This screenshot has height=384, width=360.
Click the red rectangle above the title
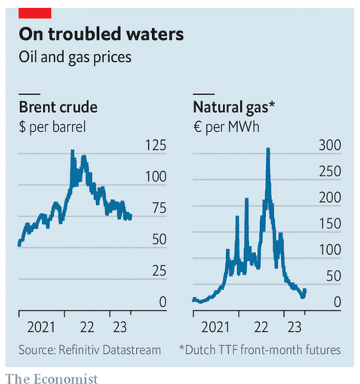35,13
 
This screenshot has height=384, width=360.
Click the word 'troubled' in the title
85,34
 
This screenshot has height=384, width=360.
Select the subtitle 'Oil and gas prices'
75,58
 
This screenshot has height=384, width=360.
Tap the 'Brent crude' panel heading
58,107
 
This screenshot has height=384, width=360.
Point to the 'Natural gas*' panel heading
234,108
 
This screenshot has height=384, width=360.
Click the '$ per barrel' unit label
52,127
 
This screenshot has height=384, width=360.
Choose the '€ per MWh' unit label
226,127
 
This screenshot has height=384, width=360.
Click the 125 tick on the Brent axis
156,145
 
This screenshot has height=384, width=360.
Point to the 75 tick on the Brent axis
159,208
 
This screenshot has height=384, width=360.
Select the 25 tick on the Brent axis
159,271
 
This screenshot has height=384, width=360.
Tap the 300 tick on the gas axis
330,145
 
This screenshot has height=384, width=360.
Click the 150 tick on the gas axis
330,224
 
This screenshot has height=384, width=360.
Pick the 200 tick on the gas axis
330,197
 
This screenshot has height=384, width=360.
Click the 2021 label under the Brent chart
41,327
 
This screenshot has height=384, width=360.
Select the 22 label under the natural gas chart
261,327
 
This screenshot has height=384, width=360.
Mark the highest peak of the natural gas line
268,149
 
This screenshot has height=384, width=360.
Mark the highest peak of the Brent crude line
73,150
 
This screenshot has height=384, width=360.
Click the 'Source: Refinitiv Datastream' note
90,350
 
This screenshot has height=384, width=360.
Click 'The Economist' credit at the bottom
52,379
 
